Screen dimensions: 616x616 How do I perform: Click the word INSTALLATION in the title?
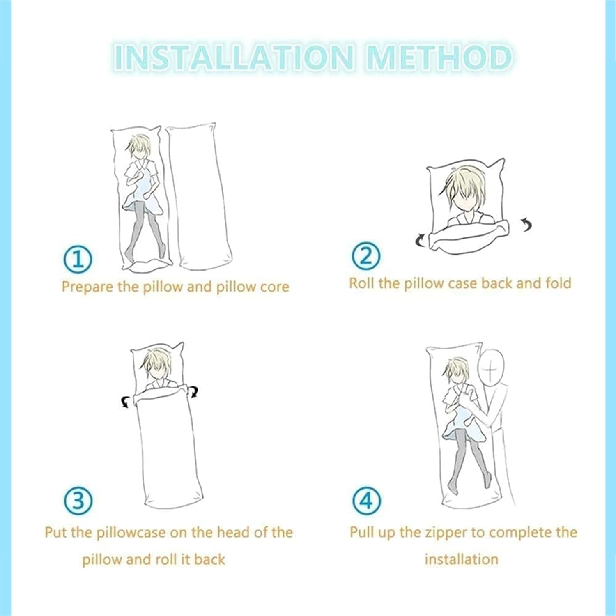click(233, 57)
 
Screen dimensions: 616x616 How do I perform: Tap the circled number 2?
click(366, 255)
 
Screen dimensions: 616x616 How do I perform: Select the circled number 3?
click(78, 500)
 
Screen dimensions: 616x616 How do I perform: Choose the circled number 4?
click(367, 501)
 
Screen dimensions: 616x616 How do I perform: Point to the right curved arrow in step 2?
click(526, 225)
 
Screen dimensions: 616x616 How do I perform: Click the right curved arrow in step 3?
click(193, 392)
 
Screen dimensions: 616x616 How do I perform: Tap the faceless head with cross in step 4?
click(491, 368)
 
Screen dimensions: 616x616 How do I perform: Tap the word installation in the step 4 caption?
click(461, 559)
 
